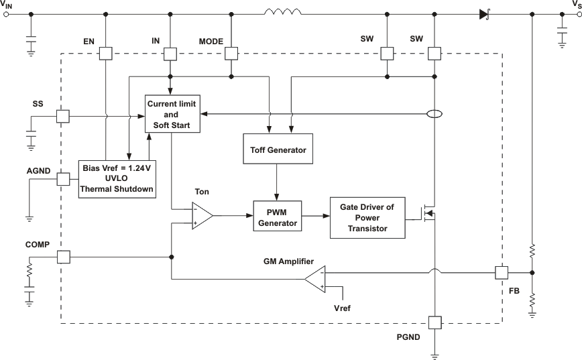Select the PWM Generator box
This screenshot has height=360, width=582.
(278, 217)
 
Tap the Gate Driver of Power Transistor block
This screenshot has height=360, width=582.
(367, 218)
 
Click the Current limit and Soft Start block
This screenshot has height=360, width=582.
(172, 113)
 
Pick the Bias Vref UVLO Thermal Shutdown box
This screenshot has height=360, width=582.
(117, 178)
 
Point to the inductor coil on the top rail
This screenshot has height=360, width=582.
(282, 11)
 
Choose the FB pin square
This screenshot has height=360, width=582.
(502, 273)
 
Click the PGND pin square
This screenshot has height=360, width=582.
(434, 322)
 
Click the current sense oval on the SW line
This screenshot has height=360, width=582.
(434, 115)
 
